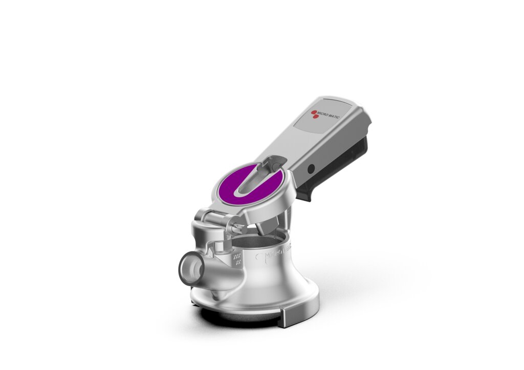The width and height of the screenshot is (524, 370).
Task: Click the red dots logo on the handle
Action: [315, 114]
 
